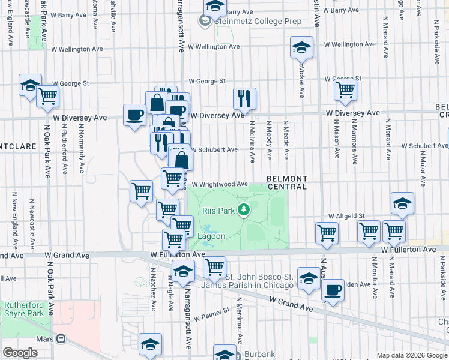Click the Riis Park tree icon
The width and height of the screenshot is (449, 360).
point(244,209)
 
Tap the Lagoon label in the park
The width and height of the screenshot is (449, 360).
point(212,236)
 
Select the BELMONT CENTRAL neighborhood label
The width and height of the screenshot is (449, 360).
point(287,183)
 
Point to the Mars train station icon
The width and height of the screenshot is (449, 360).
point(60,338)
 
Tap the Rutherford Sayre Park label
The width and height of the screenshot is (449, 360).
point(24,309)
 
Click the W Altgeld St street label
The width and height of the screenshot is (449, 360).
point(346,215)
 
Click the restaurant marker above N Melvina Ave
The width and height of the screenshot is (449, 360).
point(244,98)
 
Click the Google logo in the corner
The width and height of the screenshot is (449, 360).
point(20,353)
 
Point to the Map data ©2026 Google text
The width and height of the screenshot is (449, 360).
point(412,355)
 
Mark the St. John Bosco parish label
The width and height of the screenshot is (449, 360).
point(259,280)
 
